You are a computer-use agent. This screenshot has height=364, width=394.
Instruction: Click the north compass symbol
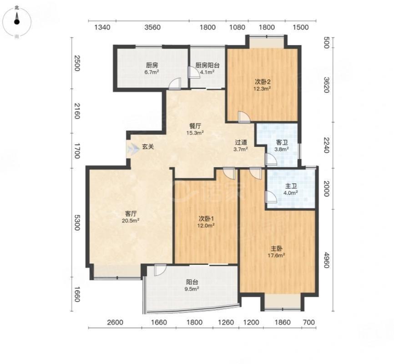(16, 22)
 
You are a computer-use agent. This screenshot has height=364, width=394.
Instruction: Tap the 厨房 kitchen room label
(152, 66)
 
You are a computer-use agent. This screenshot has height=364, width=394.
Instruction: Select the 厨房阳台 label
(207, 66)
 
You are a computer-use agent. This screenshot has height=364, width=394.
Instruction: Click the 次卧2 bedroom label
(263, 82)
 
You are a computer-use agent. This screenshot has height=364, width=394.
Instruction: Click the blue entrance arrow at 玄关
(133, 149)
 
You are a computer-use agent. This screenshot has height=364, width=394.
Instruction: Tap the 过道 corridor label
(241, 142)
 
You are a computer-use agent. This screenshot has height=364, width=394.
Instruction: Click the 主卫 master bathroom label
(291, 186)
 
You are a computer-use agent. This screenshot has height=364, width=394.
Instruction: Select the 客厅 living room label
(131, 214)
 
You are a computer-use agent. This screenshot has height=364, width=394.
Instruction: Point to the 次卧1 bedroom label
(206, 218)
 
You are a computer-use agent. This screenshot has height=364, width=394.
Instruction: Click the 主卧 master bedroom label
(276, 248)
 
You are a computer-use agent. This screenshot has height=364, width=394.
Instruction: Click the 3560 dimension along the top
(152, 27)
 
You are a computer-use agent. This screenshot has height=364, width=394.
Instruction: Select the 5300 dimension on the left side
(76, 222)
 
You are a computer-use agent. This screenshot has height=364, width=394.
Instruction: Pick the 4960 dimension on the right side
(326, 260)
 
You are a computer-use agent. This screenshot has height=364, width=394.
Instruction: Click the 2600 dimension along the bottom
(115, 322)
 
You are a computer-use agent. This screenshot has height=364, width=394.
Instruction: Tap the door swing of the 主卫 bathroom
(271, 197)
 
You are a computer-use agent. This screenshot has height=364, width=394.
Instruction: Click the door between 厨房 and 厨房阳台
(194, 73)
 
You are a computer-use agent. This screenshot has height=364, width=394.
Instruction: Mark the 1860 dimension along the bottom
(283, 322)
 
